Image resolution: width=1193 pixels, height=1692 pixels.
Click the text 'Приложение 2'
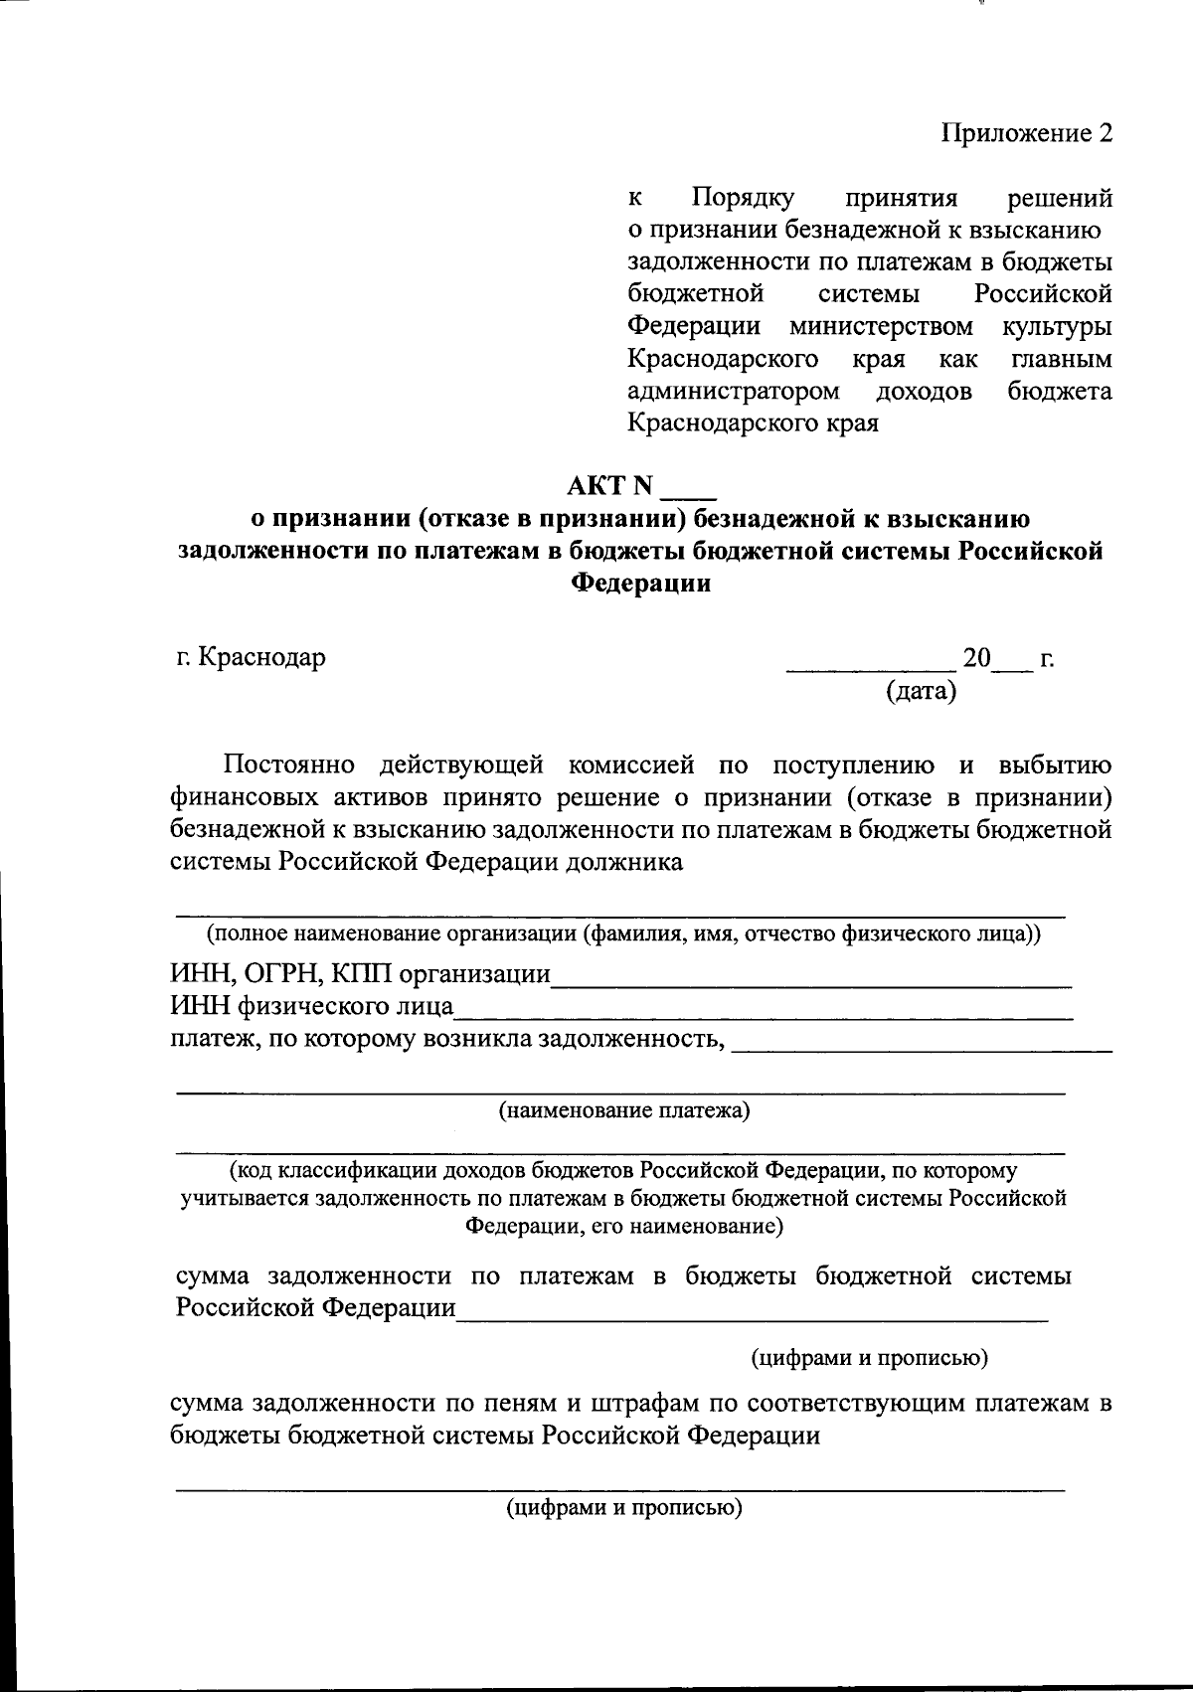pos(1027,133)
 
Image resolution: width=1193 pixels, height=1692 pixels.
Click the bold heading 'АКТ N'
pos(609,486)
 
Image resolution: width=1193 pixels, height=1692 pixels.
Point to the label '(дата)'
pos(921,690)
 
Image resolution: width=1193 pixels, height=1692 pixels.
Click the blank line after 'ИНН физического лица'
pos(763,1015)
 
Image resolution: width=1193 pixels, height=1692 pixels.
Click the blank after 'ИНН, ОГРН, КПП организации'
pos(810,982)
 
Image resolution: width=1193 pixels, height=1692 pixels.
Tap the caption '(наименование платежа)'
pos(623,1110)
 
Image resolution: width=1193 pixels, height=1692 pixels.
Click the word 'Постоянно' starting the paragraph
pos(289,764)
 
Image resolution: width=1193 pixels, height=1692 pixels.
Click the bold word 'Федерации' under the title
pos(641,584)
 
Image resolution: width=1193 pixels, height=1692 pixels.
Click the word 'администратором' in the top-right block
pos(733,391)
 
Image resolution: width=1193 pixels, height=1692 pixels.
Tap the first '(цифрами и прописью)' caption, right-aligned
pos(868,1357)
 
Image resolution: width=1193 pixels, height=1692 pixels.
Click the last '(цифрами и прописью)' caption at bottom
pos(624,1508)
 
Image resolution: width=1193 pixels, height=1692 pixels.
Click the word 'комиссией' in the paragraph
pos(629,764)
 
